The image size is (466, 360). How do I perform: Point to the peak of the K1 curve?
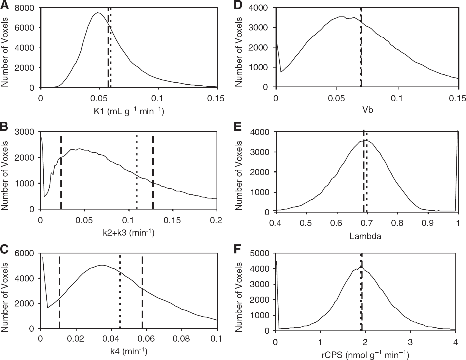(97, 13)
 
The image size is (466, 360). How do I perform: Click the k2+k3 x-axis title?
(127, 233)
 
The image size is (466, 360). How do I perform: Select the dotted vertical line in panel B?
(137, 171)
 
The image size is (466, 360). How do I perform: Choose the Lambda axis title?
(366, 236)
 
